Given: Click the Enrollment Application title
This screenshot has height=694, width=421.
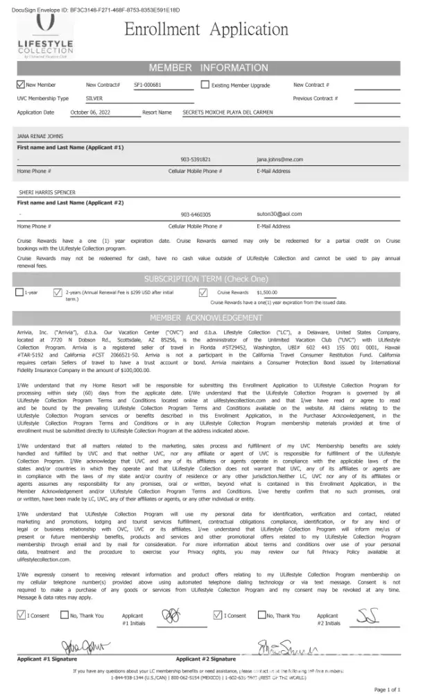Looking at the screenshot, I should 206,30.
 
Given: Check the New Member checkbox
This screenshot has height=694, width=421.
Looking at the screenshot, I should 20,85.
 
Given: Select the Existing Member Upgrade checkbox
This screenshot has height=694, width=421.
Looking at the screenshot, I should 205,85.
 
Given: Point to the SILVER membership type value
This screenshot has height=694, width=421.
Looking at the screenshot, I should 84,99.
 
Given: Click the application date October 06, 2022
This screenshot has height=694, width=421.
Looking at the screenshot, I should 91,112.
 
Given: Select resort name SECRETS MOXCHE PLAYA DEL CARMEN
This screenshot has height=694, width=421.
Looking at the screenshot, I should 227,112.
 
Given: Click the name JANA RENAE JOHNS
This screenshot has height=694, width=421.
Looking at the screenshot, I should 40,137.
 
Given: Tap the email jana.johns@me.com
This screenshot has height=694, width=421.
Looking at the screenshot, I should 280,159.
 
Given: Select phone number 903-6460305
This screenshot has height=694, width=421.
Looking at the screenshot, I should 196,214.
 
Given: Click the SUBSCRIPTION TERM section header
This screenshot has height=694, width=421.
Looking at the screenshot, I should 205,278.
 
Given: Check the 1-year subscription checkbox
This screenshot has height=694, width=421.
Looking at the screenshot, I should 19,292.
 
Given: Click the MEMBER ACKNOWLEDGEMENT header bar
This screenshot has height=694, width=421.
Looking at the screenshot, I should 205,318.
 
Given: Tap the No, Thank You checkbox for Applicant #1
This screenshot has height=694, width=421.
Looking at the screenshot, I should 64,615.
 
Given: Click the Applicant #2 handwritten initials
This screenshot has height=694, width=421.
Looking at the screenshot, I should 368,615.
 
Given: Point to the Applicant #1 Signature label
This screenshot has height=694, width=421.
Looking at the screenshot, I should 47,658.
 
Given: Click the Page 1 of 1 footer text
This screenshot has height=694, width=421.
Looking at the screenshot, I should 388,689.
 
